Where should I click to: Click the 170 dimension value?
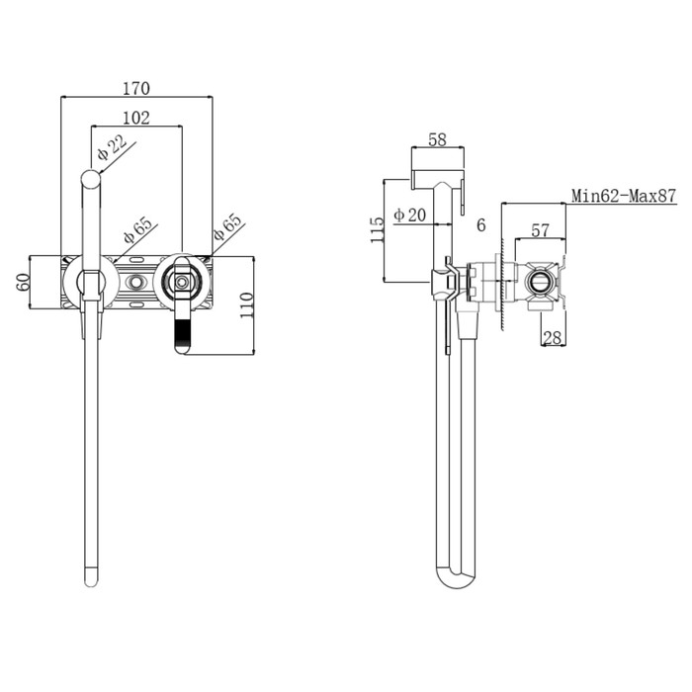coord(136,89)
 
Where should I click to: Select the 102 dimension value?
coord(136,118)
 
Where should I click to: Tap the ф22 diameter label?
coord(112,147)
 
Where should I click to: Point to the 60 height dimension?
coord(23,282)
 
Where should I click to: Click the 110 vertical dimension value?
coord(246,305)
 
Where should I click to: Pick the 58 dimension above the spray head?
coord(437,139)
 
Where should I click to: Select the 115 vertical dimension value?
coord(377,230)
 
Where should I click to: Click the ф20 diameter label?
coord(410,215)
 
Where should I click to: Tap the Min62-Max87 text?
coord(624,195)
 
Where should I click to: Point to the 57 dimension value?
coord(540,230)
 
